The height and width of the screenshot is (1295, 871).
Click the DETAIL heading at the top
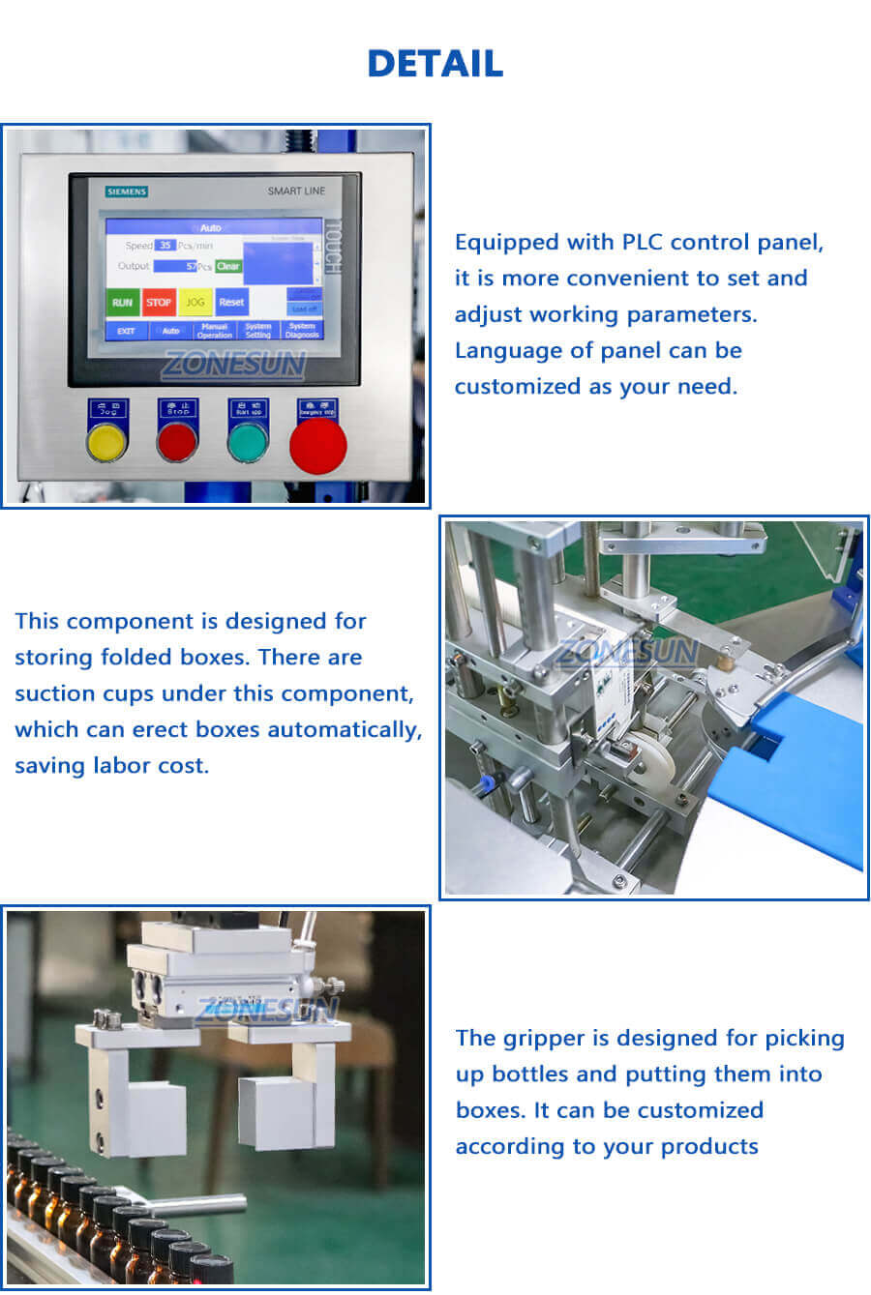(435, 64)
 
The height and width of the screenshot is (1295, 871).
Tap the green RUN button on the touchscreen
(122, 303)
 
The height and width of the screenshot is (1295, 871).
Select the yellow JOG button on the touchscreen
(195, 303)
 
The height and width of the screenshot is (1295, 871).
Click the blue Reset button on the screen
(231, 303)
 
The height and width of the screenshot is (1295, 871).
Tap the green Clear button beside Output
(228, 266)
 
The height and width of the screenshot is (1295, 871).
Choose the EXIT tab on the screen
(126, 331)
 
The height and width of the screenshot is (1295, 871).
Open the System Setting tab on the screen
(258, 331)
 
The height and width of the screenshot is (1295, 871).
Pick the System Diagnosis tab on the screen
(302, 331)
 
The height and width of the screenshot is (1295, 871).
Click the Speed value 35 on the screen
(165, 246)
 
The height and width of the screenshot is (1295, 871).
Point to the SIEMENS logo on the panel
(127, 191)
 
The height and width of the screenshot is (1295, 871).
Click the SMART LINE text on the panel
(296, 191)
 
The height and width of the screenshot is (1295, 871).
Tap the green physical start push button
(247, 443)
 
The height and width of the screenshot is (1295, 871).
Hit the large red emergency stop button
(317, 447)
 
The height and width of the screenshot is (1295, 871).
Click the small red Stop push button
(177, 443)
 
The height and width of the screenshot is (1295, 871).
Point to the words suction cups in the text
(84, 694)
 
